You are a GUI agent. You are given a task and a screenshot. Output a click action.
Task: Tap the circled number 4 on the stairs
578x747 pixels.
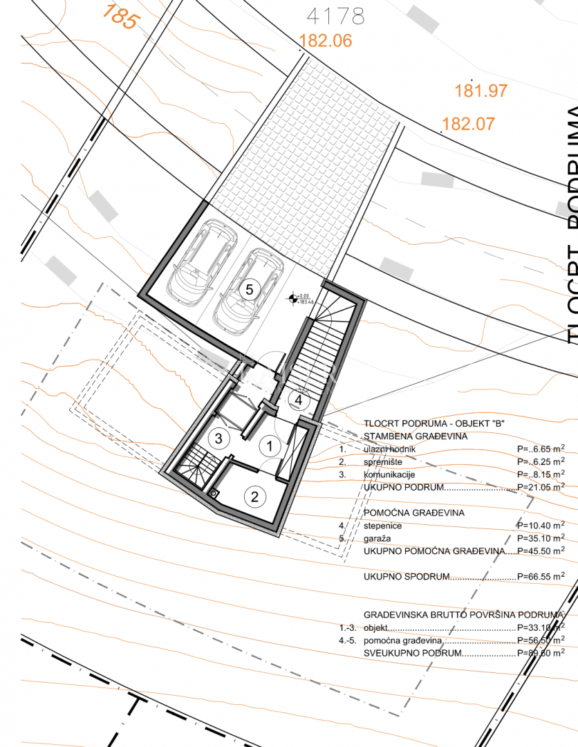pos(299,399)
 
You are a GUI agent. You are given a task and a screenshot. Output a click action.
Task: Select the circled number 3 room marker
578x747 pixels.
pos(218,438)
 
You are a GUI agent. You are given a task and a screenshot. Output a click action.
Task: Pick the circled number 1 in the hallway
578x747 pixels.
pos(268,446)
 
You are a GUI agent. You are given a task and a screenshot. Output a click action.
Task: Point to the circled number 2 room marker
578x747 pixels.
pos(255,496)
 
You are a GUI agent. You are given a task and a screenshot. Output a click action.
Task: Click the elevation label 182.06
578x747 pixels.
pos(326,41)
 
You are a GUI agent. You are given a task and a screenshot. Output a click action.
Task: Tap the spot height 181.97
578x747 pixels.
pos(481,91)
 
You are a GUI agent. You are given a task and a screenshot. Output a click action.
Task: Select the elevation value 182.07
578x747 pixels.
pos(468,124)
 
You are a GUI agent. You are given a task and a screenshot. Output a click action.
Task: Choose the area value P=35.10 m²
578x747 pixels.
pos(540,538)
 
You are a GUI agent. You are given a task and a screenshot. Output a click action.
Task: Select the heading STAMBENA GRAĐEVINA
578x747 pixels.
pos(416,436)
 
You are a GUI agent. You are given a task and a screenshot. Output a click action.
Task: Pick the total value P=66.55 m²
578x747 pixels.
pos(540,576)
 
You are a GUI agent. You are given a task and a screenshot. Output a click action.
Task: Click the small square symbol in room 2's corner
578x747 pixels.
pos(214,493)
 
